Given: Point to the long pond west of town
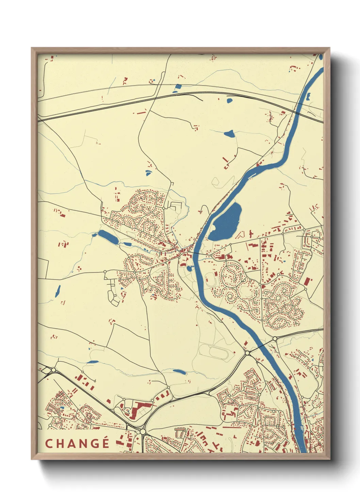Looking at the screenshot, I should pos(108,237).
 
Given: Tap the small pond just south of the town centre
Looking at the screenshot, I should pos(189,269).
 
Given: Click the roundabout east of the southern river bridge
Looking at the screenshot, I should pos(275,338).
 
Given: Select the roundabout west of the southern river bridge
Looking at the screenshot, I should pos(248,353).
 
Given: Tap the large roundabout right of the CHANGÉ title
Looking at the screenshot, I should pos(143,431).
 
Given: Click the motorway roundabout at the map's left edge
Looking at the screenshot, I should pos(53,370).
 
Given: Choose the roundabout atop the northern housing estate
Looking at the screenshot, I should pos(164,207).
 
